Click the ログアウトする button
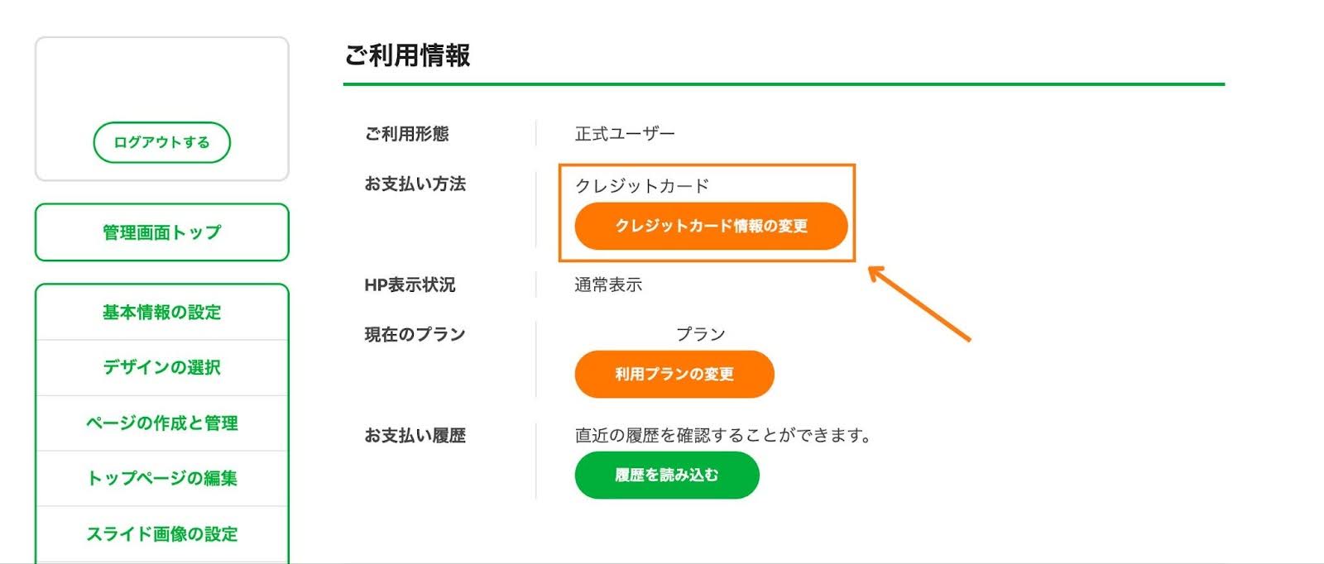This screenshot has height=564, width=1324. [161, 142]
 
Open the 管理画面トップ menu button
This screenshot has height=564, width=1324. [161, 232]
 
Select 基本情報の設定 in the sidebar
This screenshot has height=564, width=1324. [161, 313]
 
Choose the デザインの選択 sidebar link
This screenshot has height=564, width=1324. [161, 367]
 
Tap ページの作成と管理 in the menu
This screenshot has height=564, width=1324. [161, 423]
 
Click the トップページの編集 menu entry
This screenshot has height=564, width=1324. [161, 478]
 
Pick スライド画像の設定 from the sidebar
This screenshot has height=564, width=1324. [161, 533]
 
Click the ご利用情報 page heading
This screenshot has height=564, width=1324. [407, 55]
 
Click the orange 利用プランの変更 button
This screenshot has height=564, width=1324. [674, 374]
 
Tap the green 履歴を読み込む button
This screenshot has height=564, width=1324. [666, 475]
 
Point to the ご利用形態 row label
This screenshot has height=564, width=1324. [406, 134]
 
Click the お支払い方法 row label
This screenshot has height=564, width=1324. [415, 184]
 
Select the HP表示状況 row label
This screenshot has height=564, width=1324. [410, 284]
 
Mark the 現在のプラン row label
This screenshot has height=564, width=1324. [415, 334]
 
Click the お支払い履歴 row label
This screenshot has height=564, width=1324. [415, 435]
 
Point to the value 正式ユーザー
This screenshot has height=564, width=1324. [625, 134]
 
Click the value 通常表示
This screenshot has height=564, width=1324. [608, 284]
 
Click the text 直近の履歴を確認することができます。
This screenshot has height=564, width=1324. [722, 435]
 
